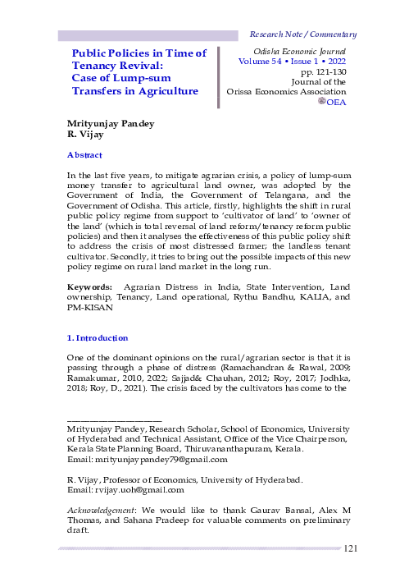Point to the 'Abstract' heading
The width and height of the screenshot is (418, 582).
pos(84,155)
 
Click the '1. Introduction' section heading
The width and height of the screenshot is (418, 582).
pos(98,337)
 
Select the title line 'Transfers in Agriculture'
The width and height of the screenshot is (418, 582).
pos(135,90)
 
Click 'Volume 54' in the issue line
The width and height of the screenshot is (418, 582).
pos(261,62)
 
